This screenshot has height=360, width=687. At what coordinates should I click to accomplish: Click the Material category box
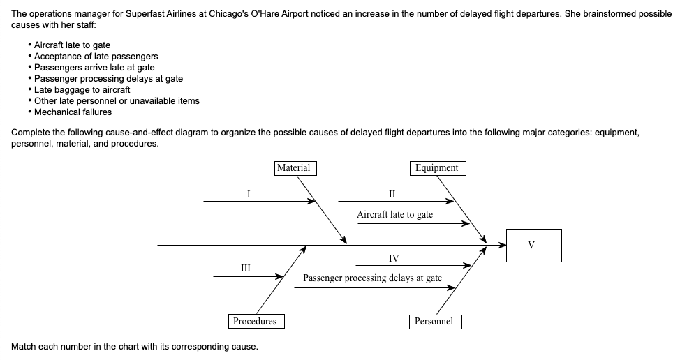tap(294, 168)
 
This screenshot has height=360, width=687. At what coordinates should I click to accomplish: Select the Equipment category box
tap(436, 168)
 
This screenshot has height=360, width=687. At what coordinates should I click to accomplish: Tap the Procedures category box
tap(255, 321)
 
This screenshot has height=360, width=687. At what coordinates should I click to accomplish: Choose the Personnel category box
tap(434, 321)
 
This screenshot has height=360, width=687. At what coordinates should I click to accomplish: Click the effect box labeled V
tap(533, 245)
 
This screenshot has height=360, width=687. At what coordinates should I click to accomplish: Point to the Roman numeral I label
tap(248, 194)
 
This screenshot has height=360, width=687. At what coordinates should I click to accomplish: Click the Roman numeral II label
tap(392, 194)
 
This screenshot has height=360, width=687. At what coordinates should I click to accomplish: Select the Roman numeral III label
tap(246, 268)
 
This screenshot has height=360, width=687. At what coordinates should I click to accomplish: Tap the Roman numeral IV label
tap(394, 258)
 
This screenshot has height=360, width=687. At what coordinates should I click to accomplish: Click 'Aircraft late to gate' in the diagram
tap(394, 215)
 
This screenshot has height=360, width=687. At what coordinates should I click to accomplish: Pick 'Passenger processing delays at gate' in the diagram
tap(372, 278)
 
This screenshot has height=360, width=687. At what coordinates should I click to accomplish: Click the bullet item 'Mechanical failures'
tap(73, 112)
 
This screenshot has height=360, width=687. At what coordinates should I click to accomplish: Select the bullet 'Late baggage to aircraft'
tap(82, 89)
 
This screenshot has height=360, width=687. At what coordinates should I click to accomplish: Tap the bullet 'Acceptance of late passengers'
tap(96, 56)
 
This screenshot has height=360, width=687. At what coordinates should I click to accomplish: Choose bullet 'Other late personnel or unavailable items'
tap(117, 100)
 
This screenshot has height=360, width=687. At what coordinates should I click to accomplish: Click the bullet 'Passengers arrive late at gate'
tap(94, 67)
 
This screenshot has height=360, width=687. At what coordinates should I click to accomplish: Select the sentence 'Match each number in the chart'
tap(135, 346)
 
